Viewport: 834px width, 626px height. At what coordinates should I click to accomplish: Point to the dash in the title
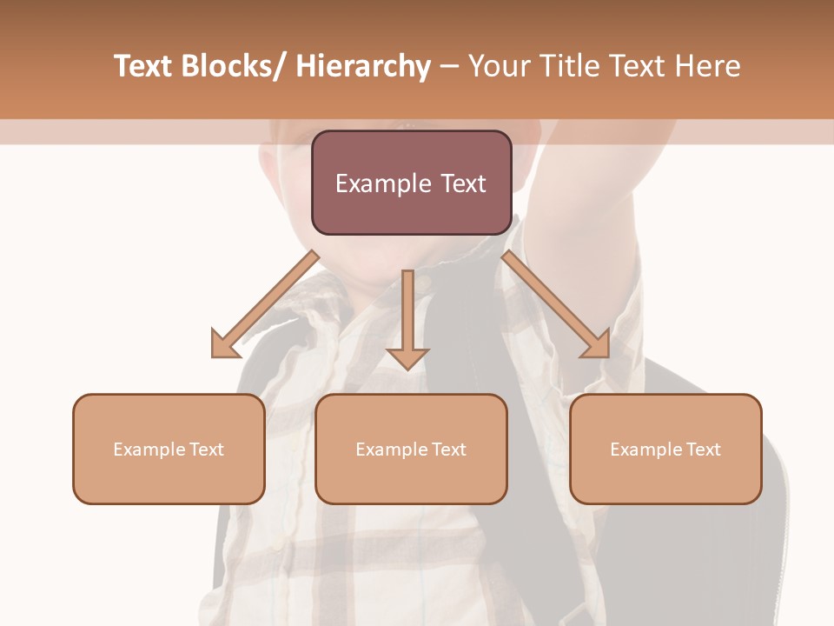448,68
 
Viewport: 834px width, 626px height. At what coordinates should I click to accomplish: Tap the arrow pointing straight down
407,317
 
